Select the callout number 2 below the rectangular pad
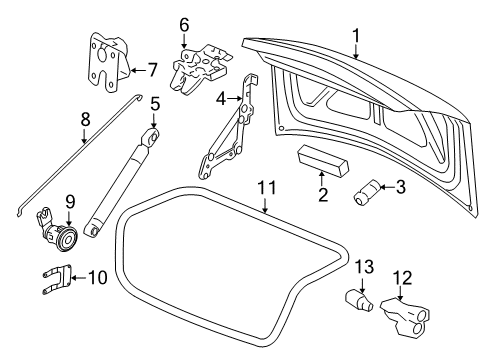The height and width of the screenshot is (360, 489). (322, 194)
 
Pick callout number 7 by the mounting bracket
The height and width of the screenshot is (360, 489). (153, 70)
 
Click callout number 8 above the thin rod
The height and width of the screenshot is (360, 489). (85, 120)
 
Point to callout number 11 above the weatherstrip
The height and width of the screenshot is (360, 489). (265, 186)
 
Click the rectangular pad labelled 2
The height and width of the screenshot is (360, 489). (322, 163)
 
